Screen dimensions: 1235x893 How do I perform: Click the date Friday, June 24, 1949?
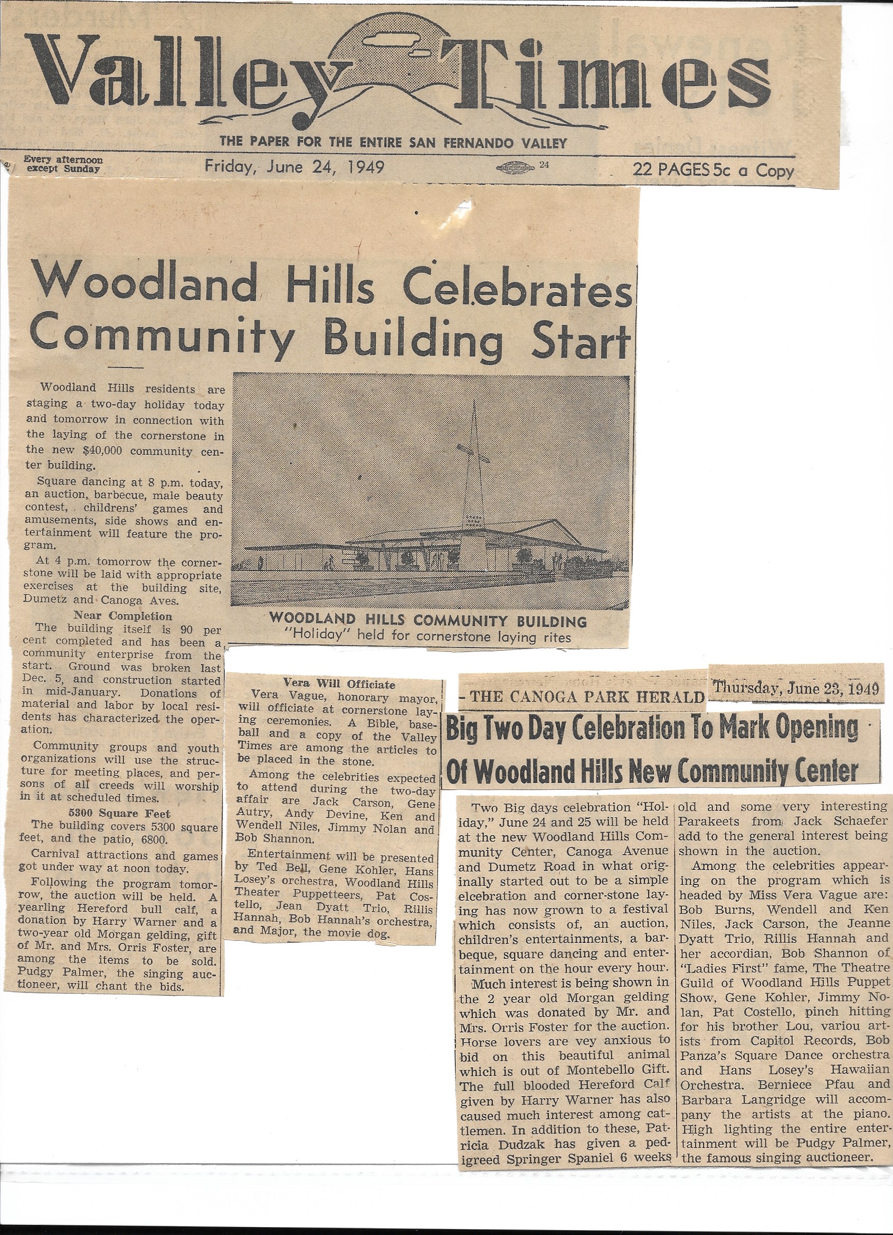point(294,166)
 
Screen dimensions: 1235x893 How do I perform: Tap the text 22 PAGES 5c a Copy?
point(713,171)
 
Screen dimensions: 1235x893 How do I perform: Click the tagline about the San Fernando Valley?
point(393,143)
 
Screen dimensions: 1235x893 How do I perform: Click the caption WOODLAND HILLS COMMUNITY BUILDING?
point(427,620)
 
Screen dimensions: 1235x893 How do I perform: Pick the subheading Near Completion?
point(122,616)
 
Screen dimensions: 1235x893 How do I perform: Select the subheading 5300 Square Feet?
point(119,814)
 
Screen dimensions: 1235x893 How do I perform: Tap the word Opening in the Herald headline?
point(816,728)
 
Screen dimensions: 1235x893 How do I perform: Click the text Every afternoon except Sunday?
point(63,164)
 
